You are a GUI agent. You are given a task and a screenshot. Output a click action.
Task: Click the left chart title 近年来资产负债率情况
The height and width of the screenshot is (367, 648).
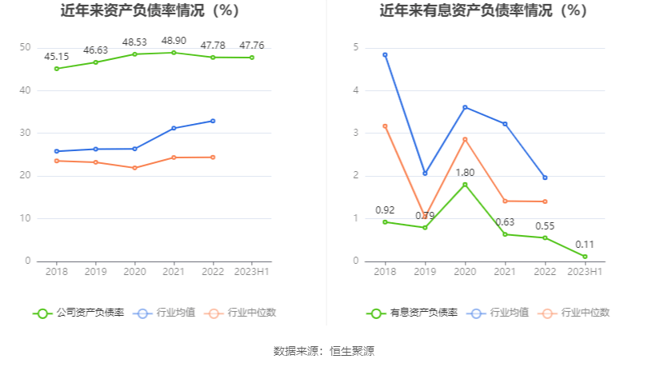(150, 11)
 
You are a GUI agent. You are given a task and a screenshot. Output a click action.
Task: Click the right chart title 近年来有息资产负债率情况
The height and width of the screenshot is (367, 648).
(483, 11)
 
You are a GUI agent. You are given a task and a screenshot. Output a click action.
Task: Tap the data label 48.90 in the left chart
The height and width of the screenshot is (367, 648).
(174, 40)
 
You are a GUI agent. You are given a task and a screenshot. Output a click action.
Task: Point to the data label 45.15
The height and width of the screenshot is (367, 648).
(56, 57)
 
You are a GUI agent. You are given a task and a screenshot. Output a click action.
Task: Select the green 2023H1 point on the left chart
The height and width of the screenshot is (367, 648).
(252, 58)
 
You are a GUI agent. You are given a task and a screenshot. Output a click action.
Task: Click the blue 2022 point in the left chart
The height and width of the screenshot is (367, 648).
(213, 121)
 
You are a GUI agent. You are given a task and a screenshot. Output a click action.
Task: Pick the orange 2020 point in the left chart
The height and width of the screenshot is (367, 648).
(134, 168)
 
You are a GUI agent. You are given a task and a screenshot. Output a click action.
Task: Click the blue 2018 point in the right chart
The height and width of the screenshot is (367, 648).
(385, 55)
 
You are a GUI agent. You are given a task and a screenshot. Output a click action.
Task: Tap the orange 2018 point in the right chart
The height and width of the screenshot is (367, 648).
(385, 126)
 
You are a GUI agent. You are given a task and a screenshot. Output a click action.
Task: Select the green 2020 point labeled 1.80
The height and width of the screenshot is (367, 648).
(465, 185)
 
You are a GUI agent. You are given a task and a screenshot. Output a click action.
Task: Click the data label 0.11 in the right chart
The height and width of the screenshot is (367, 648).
(585, 245)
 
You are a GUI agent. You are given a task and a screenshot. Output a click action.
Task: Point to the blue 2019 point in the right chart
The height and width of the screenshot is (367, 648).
(425, 174)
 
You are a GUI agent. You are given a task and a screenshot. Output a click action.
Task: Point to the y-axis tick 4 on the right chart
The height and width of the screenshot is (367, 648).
(356, 90)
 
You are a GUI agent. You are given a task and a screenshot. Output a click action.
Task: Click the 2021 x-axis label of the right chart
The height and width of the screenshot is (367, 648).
(505, 272)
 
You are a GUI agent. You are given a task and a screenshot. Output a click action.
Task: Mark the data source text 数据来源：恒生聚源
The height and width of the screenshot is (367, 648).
(324, 350)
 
